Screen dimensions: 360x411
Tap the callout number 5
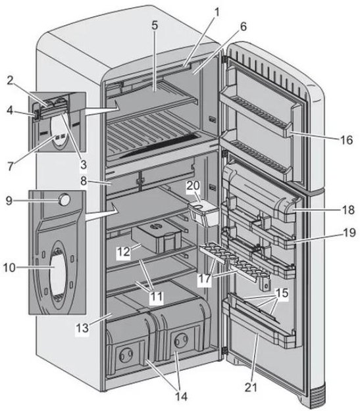(155, 26)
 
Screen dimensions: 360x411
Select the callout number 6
(244, 26)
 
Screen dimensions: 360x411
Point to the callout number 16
(347, 140)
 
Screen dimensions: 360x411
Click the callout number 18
(348, 210)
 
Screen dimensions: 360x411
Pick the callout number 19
(349, 232)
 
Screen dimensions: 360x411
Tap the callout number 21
(251, 387)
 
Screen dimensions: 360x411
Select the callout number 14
(181, 397)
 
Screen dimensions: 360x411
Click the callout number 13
(82, 328)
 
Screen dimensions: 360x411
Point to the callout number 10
(9, 268)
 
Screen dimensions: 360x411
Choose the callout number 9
(9, 201)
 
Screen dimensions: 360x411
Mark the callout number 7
(10, 166)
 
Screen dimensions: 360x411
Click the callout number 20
(193, 185)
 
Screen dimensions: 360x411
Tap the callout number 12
(123, 252)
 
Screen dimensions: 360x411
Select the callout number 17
(205, 278)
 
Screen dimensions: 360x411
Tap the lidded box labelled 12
(157, 237)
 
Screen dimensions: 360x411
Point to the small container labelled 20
(204, 213)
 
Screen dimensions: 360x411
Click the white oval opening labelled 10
(58, 275)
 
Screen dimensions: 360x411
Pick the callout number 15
(282, 293)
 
